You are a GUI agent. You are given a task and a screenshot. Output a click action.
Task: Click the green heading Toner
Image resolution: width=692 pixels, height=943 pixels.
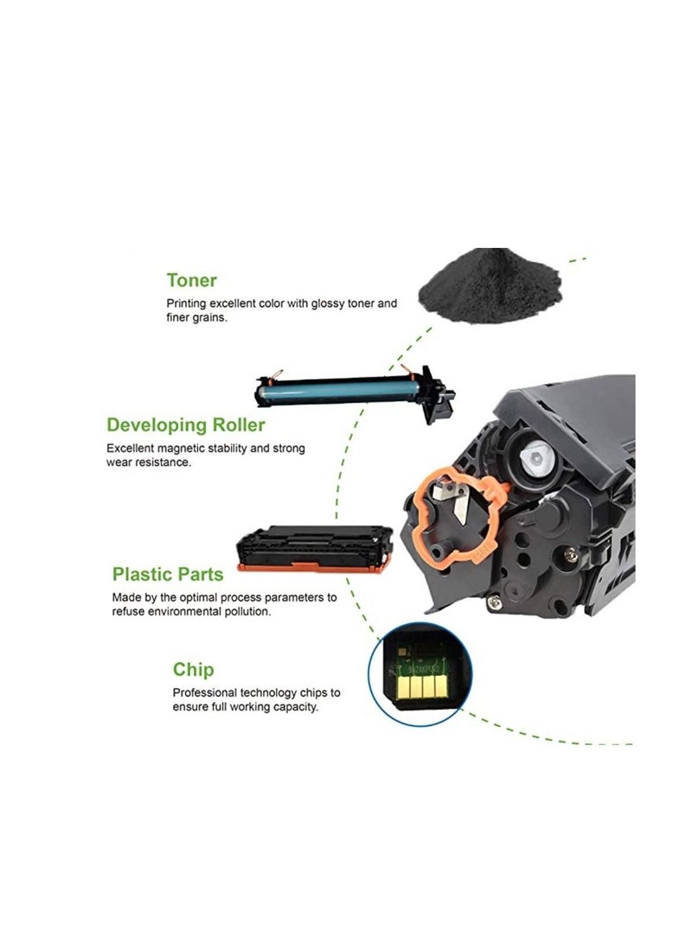coord(191,280)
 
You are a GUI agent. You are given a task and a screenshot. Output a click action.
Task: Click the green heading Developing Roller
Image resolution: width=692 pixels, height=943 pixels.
coord(185,424)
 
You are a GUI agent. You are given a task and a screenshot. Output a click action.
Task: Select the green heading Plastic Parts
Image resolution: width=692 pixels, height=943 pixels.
coord(168,574)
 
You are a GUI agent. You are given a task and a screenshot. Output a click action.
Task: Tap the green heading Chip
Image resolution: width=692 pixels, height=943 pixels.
coord(193,670)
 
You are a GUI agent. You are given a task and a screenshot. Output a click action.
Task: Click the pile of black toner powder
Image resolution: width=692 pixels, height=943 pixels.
coord(486,287)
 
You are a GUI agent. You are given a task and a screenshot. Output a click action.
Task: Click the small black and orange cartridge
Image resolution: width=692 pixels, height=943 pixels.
coord(315,545)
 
